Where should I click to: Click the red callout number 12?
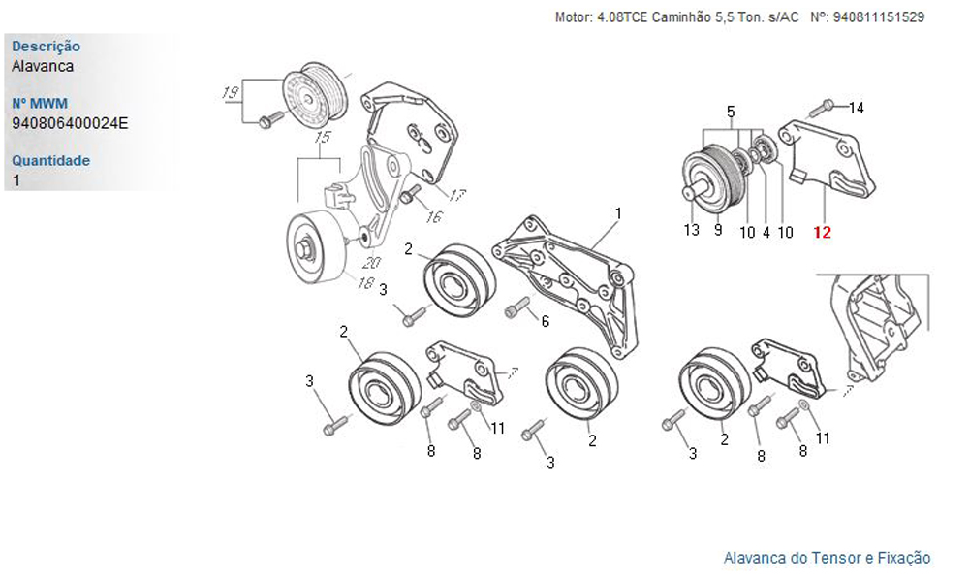(822, 232)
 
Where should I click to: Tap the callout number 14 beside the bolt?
(856, 108)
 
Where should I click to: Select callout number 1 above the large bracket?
(617, 212)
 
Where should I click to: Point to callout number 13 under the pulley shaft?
(691, 230)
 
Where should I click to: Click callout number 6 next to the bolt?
(545, 321)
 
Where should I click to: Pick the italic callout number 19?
(231, 93)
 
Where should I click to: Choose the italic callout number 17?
(457, 196)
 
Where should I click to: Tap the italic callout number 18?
(365, 283)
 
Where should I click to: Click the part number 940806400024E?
(70, 123)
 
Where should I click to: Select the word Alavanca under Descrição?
(43, 66)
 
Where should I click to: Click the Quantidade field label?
(50, 160)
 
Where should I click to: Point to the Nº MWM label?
(40, 103)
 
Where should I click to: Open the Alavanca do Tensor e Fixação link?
(827, 558)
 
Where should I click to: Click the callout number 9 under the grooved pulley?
(718, 230)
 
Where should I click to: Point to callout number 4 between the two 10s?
(766, 232)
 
